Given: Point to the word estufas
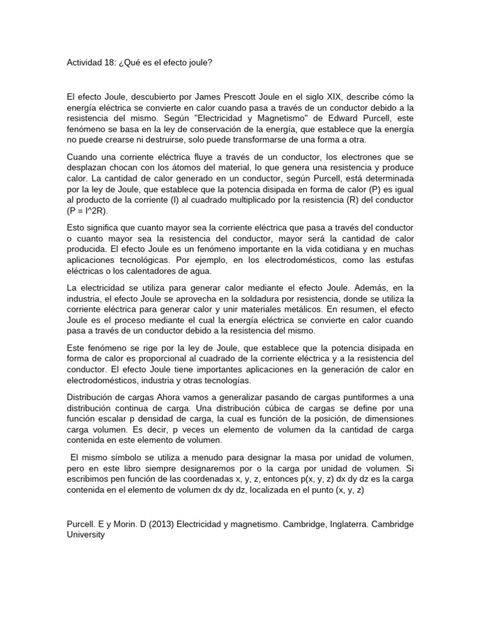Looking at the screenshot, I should [x=399, y=260].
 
